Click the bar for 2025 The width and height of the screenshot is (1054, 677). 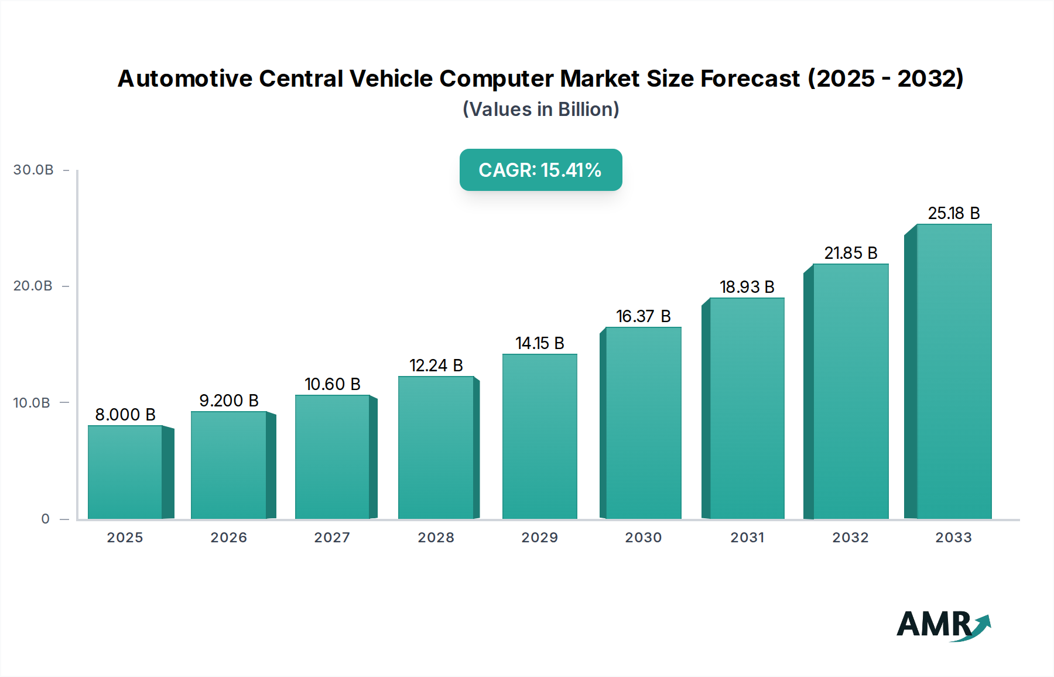[125, 472]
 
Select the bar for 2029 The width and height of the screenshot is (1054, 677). [539, 436]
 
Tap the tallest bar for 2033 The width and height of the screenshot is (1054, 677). [953, 371]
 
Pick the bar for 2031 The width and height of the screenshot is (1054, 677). [747, 408]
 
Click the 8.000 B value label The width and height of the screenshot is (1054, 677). [125, 415]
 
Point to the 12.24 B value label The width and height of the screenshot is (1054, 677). [436, 365]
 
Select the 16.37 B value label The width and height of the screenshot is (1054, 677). [643, 316]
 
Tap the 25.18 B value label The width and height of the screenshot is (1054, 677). [953, 213]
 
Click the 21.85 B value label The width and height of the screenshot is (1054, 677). [850, 253]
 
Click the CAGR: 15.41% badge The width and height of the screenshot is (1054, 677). [540, 170]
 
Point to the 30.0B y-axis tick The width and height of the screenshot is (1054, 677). [33, 170]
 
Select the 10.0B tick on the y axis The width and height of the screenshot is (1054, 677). [32, 403]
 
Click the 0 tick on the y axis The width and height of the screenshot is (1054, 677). [46, 519]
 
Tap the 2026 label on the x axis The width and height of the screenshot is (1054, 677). [228, 538]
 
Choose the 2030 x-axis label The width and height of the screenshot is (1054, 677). [643, 538]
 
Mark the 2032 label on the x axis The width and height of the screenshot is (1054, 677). [850, 538]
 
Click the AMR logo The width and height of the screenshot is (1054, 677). [943, 625]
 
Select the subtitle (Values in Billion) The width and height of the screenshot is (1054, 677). [540, 110]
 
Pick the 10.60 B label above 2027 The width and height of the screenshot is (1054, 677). [332, 384]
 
